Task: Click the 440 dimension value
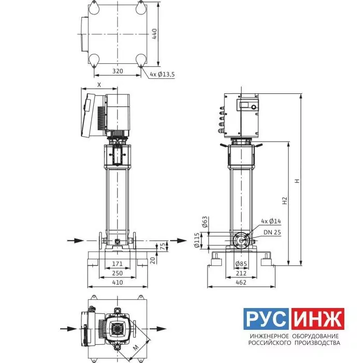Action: tap(155, 34)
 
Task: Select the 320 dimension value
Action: tap(118, 71)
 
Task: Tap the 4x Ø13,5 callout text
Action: tap(162, 75)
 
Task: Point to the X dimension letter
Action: tap(99, 85)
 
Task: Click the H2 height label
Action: tap(285, 201)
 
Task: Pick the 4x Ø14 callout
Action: tap(271, 221)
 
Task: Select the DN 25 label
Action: tap(272, 232)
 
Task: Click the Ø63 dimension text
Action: tap(205, 222)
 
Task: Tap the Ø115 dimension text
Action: tap(197, 240)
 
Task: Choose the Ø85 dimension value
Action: tap(241, 263)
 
